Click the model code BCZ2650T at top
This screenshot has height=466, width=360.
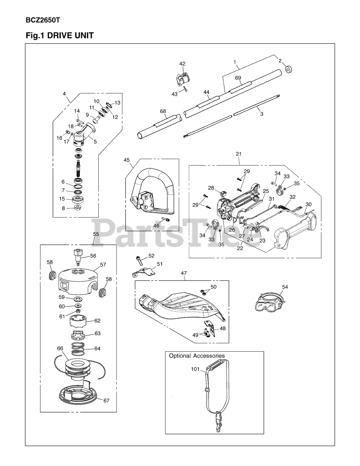(x=43, y=20)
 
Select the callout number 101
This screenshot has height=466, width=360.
(x=195, y=369)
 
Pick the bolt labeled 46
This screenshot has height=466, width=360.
(x=165, y=220)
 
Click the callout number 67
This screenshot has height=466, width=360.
(x=106, y=400)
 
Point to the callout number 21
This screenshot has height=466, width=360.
(x=238, y=154)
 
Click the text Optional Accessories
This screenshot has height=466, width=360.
(x=197, y=356)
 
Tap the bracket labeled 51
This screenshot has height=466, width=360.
(x=144, y=272)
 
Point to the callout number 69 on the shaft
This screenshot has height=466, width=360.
(x=238, y=78)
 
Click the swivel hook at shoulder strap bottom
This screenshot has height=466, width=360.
(x=218, y=423)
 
